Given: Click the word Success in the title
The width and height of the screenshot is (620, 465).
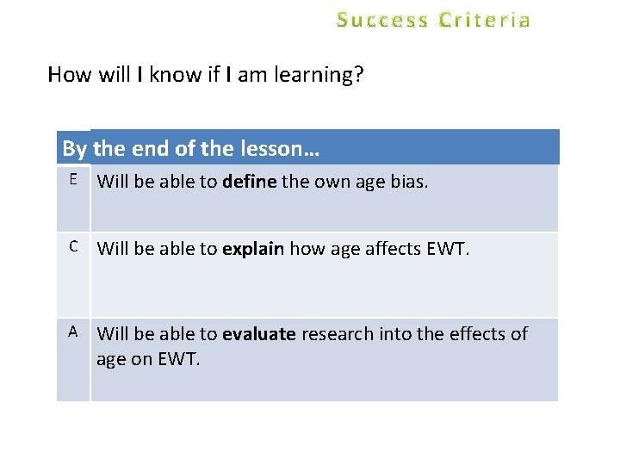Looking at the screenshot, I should pyautogui.click(x=383, y=20).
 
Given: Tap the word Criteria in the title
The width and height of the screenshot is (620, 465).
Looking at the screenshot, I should pyautogui.click(x=485, y=20).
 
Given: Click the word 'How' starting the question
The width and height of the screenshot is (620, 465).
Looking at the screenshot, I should pyautogui.click(x=69, y=75).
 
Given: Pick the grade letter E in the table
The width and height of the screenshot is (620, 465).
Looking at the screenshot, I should pyautogui.click(x=74, y=179).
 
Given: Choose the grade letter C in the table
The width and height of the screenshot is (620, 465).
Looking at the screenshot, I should pyautogui.click(x=74, y=246).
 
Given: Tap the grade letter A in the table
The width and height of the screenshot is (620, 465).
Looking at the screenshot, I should pyautogui.click(x=74, y=331).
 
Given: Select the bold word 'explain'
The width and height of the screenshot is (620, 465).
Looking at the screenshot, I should pyautogui.click(x=253, y=250).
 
